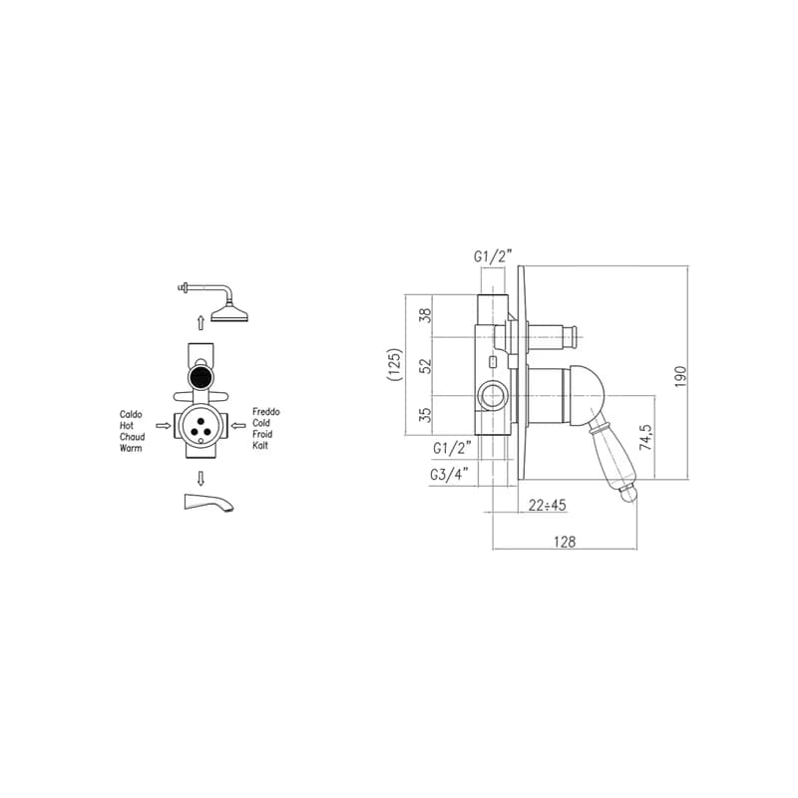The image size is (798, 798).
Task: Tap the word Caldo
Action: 131,414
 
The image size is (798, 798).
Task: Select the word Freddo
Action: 266,412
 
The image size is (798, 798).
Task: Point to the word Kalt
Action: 260,445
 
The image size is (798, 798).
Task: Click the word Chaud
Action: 133,437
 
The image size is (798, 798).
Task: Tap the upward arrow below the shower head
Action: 201,322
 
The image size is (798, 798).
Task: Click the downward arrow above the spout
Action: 201,479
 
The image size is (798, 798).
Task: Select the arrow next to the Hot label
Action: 164,426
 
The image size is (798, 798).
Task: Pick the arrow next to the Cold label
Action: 238,425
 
